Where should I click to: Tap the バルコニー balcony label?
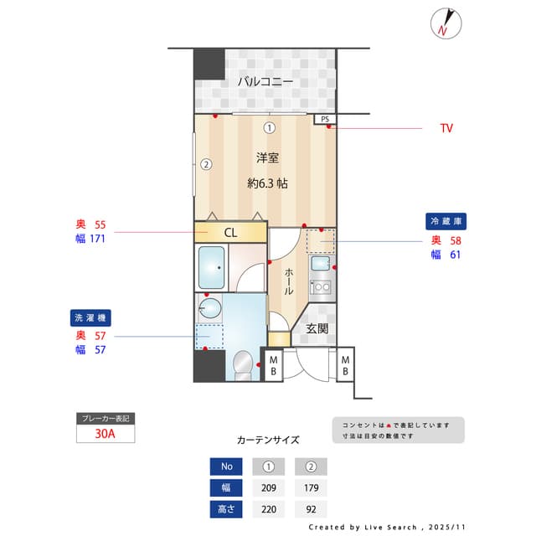(x=265, y=81)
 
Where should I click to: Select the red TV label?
(x=446, y=128)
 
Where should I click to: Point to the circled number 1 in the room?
(x=269, y=128)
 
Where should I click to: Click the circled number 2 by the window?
(x=205, y=164)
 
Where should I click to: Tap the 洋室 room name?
(x=267, y=157)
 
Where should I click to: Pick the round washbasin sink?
(x=210, y=309)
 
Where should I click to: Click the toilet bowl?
(x=241, y=364)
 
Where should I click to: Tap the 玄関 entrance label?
(x=316, y=328)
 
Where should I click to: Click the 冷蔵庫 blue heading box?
(x=446, y=221)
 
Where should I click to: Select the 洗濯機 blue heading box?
(x=90, y=318)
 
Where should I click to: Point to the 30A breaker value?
(x=105, y=434)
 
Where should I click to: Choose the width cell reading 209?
(x=269, y=487)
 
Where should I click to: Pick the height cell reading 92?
(x=311, y=508)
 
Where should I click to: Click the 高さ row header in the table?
(x=226, y=508)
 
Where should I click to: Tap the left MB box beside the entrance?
(x=273, y=364)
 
